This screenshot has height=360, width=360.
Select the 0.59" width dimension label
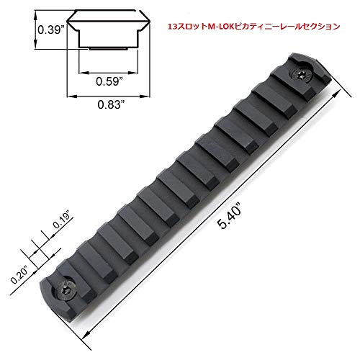coord(109,81)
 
